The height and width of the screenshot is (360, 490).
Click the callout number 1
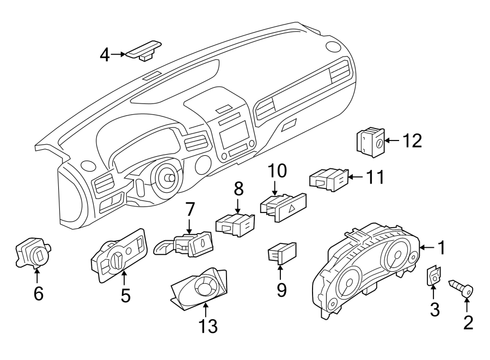442,248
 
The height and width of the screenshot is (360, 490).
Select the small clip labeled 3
434,277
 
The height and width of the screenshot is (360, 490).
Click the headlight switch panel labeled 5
118,255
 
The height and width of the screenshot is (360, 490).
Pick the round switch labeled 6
34,253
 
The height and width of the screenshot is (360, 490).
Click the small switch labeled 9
281,253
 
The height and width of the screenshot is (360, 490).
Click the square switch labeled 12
370,142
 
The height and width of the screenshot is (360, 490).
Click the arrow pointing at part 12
393,142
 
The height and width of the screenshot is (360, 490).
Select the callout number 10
277,170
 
